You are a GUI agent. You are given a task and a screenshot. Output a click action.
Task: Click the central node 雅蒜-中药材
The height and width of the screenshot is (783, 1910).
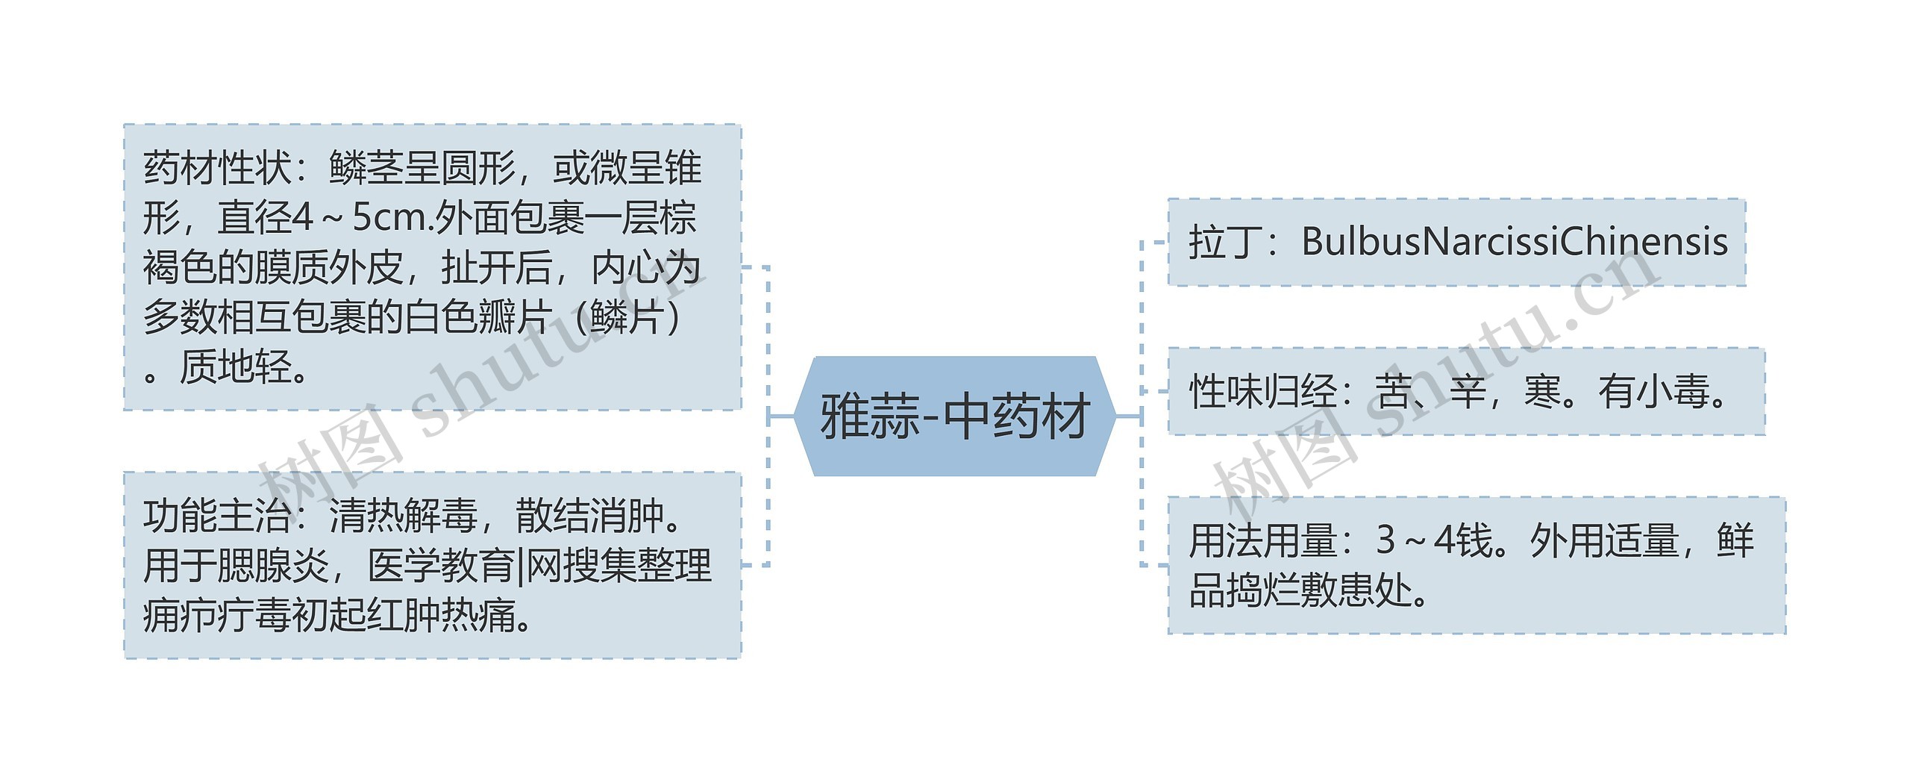pyautogui.click(x=954, y=417)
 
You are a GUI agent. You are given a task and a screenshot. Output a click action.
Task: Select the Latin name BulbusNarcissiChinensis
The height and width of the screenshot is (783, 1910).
pyautogui.click(x=1515, y=242)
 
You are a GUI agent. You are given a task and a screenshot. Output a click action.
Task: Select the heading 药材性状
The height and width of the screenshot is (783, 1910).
pyautogui.click(x=216, y=168)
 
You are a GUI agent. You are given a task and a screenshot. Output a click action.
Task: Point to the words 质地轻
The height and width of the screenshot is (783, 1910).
pyautogui.click(x=235, y=367)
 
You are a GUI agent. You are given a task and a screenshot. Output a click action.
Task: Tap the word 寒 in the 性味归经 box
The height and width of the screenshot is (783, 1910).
pyautogui.click(x=1542, y=392)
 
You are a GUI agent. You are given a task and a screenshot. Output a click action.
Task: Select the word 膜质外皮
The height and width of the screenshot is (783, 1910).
pyautogui.click(x=328, y=268)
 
